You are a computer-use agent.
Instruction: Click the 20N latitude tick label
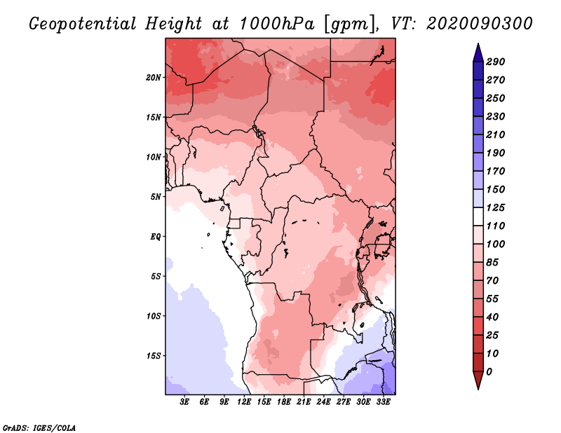coord(154,77)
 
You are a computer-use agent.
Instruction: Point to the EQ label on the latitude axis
coord(156,236)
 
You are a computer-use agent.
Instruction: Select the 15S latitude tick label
coord(154,355)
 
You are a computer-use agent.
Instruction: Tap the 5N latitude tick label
coord(156,196)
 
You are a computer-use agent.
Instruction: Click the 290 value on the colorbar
coord(496,62)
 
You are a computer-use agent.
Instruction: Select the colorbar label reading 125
coord(496,207)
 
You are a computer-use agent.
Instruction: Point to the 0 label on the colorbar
coord(489,371)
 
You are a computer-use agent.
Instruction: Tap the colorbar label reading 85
coord(493,262)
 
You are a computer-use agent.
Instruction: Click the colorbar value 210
coord(496,135)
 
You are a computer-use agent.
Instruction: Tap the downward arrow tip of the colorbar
coord(477,386)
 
